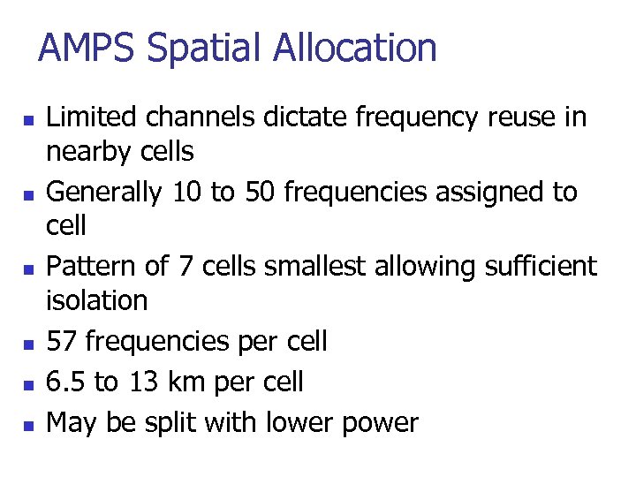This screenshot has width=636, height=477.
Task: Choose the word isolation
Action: pyautogui.click(x=97, y=300)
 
